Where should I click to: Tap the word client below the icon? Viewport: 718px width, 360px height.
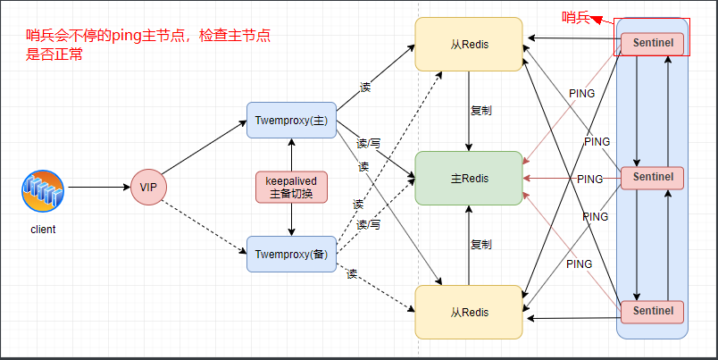click(42, 230)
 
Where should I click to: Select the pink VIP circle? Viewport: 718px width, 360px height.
click(147, 187)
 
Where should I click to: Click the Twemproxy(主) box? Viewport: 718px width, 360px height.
click(290, 120)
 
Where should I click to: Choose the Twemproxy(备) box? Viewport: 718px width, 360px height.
click(290, 254)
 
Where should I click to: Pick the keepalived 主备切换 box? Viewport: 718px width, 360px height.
click(291, 187)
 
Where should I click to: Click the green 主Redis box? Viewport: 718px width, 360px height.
click(469, 179)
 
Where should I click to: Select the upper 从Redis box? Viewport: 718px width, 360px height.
click(469, 44)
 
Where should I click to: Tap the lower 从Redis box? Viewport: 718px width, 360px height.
click(469, 312)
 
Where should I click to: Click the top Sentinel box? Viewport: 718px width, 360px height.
click(652, 42)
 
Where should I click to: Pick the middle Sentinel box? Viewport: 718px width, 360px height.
click(652, 178)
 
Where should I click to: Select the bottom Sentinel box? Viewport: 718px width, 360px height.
click(652, 311)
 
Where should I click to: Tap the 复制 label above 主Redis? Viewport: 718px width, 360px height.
click(480, 111)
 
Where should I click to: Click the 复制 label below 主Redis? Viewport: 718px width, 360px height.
click(480, 244)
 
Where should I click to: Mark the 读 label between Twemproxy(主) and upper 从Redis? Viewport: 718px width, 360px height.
click(364, 88)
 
